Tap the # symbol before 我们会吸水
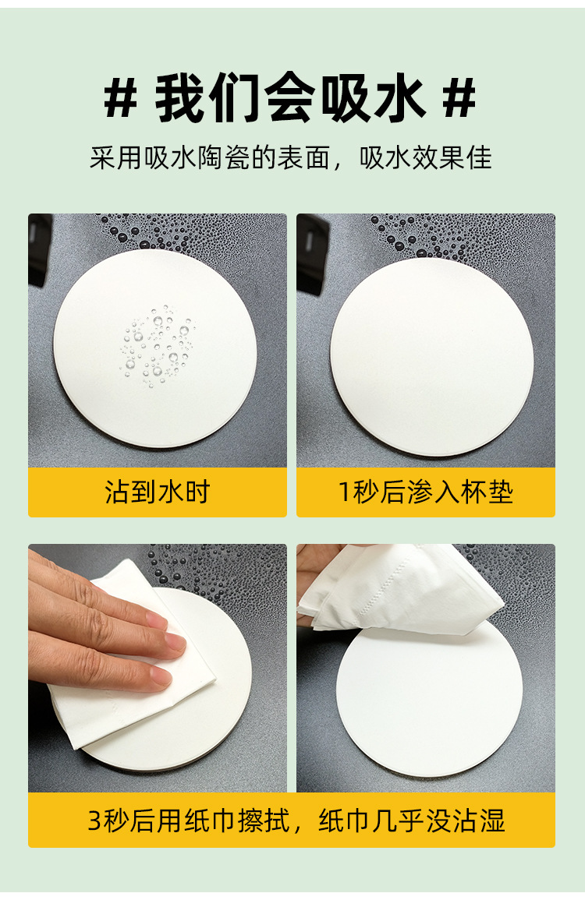pyautogui.click(x=122, y=99)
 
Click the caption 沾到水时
pyautogui.click(x=158, y=492)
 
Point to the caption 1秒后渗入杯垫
pyautogui.click(x=425, y=492)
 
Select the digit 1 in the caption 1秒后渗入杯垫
pyautogui.click(x=344, y=493)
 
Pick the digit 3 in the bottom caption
pyautogui.click(x=94, y=821)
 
